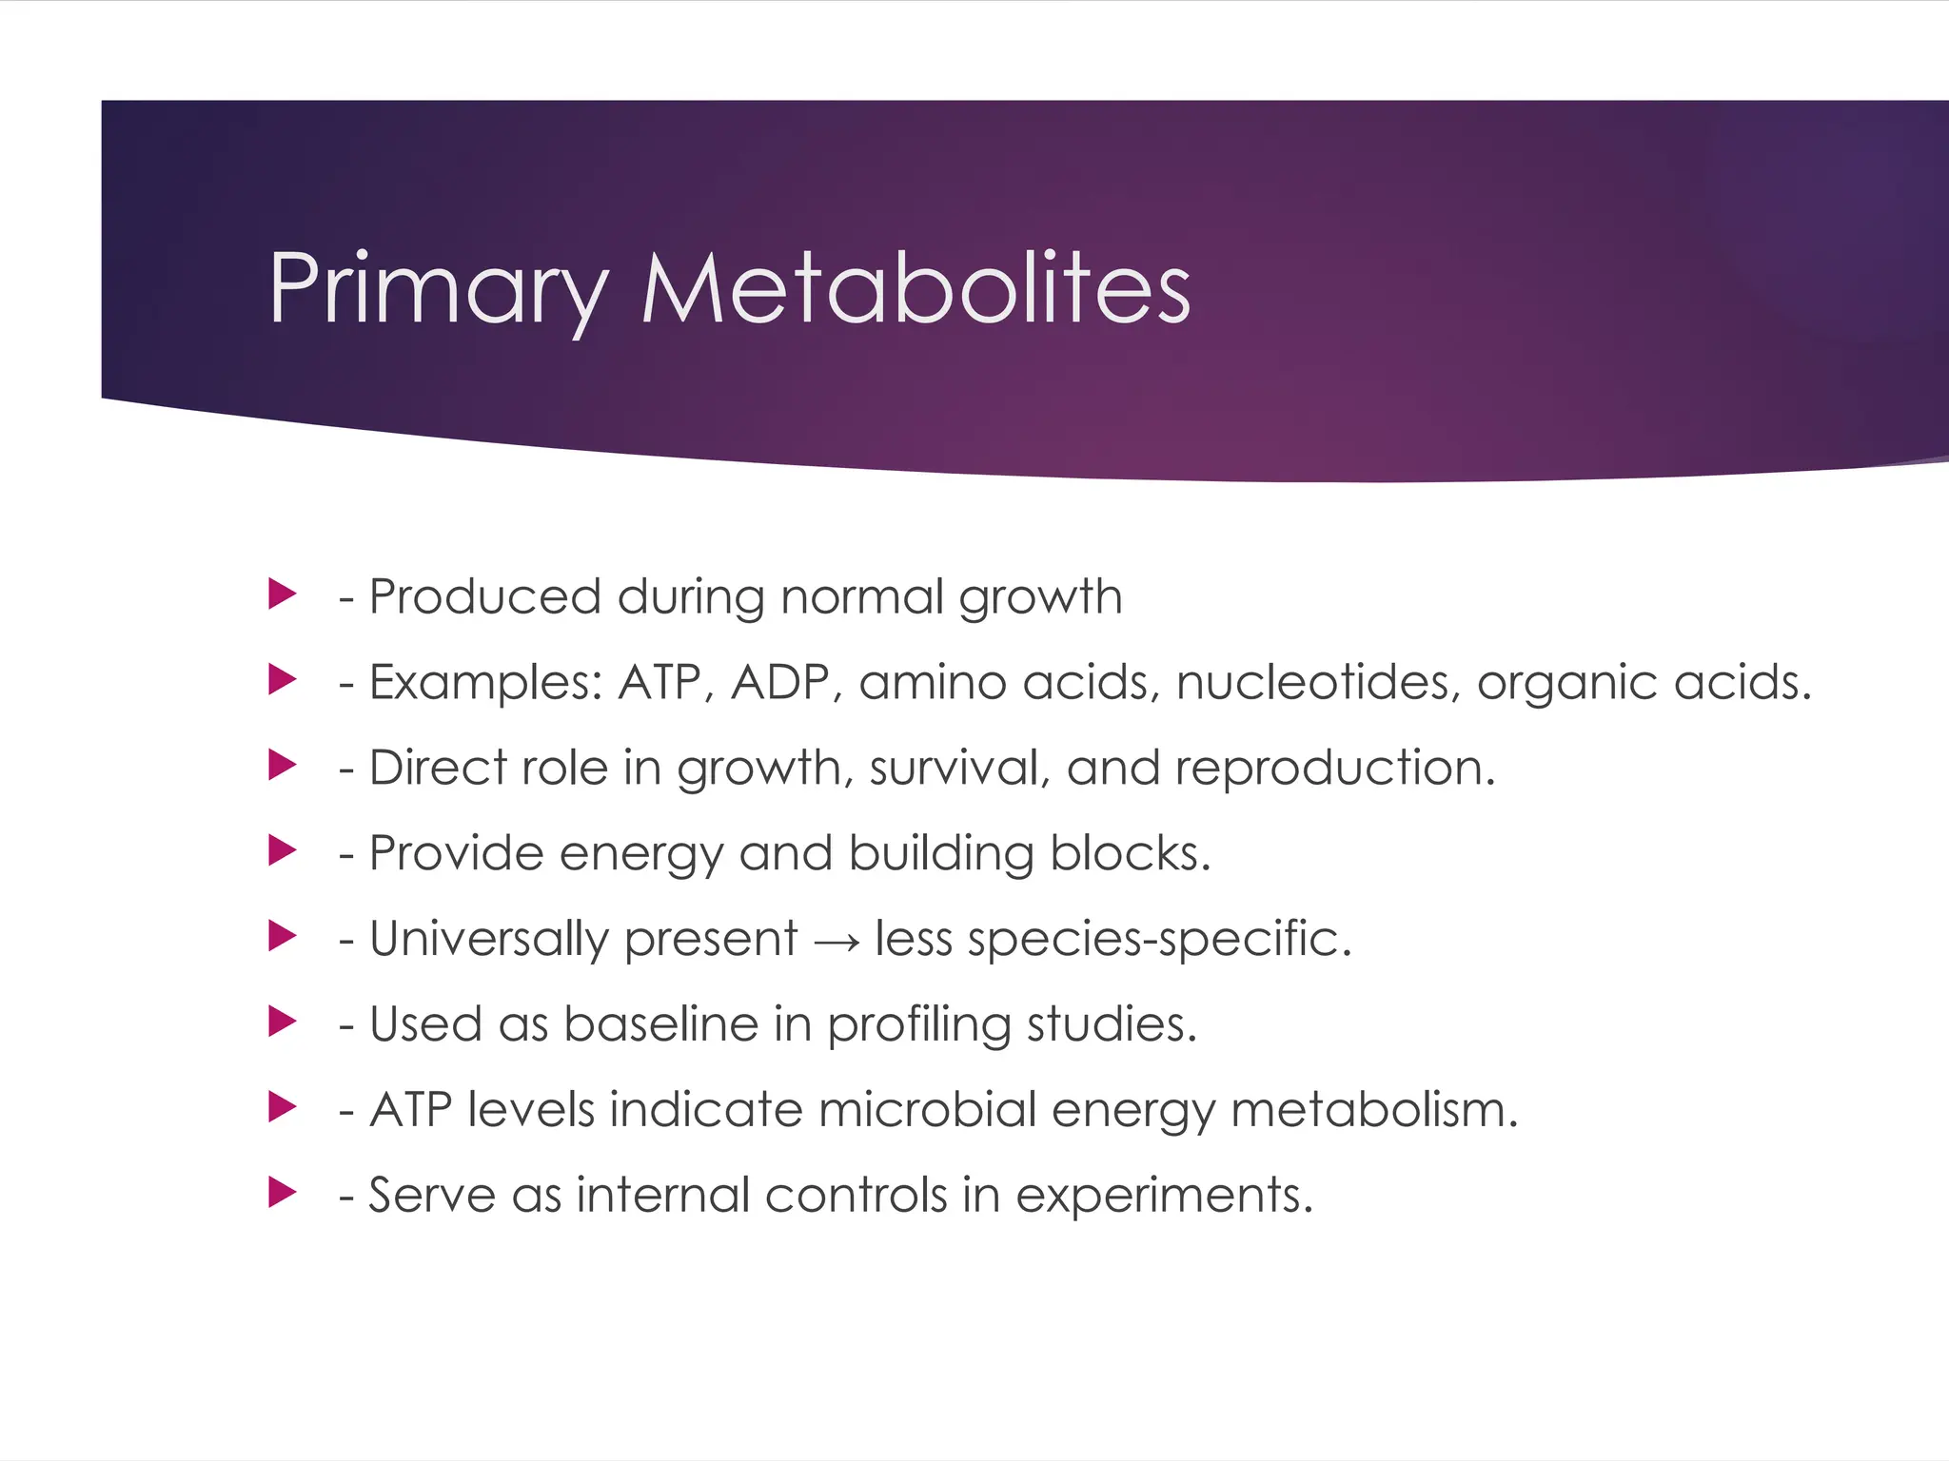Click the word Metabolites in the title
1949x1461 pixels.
click(x=915, y=288)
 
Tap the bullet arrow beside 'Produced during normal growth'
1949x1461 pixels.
click(x=282, y=594)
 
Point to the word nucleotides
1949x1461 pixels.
click(x=1318, y=682)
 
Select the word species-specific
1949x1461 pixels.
click(x=1159, y=940)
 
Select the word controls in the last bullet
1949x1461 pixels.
click(x=856, y=1195)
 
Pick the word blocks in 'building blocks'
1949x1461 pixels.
click(x=1130, y=853)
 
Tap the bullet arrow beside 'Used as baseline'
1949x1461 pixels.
click(x=282, y=1022)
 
